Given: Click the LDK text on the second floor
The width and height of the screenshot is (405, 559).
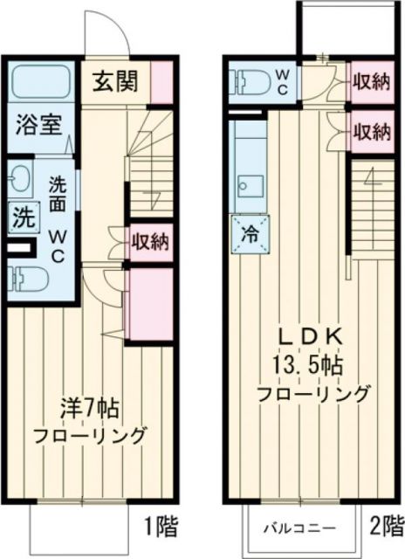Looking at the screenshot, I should pyautogui.click(x=311, y=337).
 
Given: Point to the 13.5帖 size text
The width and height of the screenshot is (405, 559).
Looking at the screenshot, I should pyautogui.click(x=311, y=364).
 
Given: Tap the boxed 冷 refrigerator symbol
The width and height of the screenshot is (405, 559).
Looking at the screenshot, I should pyautogui.click(x=247, y=233).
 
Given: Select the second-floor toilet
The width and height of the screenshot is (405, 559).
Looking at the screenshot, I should pyautogui.click(x=249, y=81).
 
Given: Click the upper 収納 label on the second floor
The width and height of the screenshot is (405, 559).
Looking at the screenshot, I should pyautogui.click(x=370, y=82).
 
